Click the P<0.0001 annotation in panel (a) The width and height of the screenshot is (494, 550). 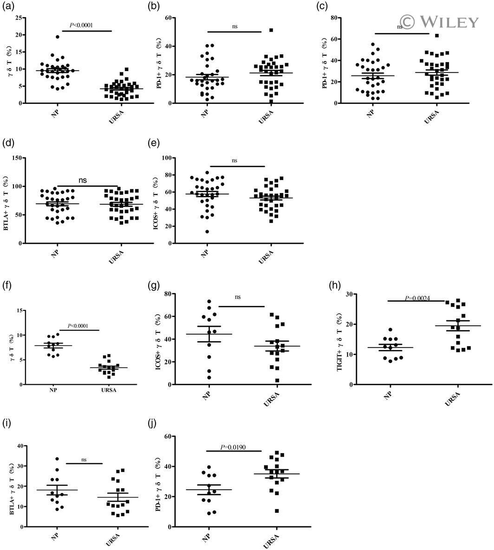(81, 25)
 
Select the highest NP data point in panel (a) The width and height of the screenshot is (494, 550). (58, 37)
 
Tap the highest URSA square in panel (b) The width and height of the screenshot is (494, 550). (271, 30)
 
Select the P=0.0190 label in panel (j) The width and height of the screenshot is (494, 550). (234, 448)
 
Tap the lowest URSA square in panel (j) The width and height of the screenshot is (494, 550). (264, 511)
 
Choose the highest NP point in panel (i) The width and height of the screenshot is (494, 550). (58, 459)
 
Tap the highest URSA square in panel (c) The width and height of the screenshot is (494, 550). (437, 35)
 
